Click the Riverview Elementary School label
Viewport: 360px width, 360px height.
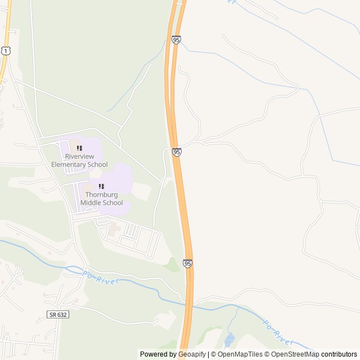[x=79, y=160]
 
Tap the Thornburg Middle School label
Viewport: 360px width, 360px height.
[x=101, y=199]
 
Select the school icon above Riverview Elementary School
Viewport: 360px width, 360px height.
[x=79, y=148]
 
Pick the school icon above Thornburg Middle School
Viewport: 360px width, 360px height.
[x=101, y=186]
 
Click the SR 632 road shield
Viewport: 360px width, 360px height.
[x=57, y=314]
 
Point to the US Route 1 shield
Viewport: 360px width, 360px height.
[x=4, y=51]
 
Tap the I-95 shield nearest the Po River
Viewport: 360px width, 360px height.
[x=187, y=263]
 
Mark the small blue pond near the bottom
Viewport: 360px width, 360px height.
[x=229, y=340]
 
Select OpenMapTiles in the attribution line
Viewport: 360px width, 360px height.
[x=241, y=354]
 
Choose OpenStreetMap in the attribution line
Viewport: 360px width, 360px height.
[x=295, y=354]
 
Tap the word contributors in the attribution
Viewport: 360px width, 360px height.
[x=339, y=354]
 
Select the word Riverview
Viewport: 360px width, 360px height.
[x=79, y=156]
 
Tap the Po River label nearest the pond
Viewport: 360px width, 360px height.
[x=277, y=334]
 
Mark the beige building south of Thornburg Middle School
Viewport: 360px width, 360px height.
[x=114, y=229]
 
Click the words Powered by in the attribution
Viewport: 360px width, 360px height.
[x=157, y=354]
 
